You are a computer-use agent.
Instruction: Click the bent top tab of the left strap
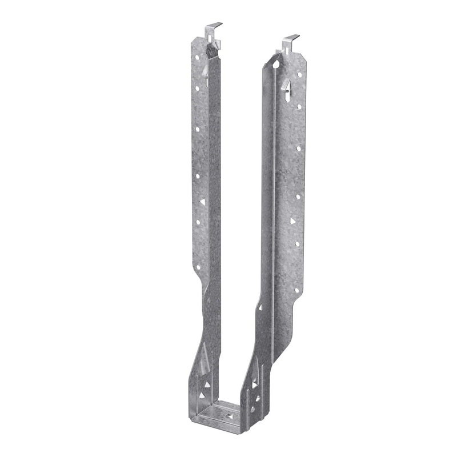pyautogui.click(x=214, y=26)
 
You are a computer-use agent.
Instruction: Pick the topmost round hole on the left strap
pyautogui.click(x=197, y=58)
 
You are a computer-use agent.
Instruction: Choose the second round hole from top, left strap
pyautogui.click(x=198, y=89)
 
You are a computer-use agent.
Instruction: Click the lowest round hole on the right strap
pyautogui.click(x=297, y=290)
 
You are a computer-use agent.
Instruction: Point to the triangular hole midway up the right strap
pyautogui.click(x=292, y=220)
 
